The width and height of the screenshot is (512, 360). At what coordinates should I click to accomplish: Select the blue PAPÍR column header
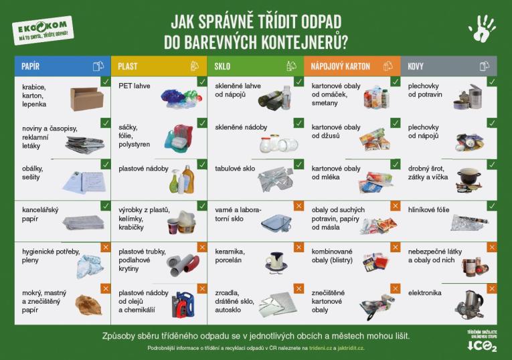pyautogui.click(x=62, y=66)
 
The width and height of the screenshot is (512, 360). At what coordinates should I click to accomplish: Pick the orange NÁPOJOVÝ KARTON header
pyautogui.click(x=352, y=66)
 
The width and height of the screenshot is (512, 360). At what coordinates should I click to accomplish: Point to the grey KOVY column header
pyautogui.click(x=448, y=66)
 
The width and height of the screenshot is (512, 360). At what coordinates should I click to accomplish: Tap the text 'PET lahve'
pyautogui.click(x=134, y=86)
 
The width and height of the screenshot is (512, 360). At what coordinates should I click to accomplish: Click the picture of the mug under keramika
pyautogui.click(x=275, y=260)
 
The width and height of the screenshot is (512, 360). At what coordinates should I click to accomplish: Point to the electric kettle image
pyautogui.click(x=471, y=302)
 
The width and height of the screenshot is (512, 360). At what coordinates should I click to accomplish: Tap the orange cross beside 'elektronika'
pyautogui.click(x=492, y=288)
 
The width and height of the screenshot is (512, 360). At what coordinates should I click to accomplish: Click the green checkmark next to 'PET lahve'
pyautogui.click(x=202, y=82)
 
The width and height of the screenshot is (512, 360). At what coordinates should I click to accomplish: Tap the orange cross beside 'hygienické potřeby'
pyautogui.click(x=105, y=247)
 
